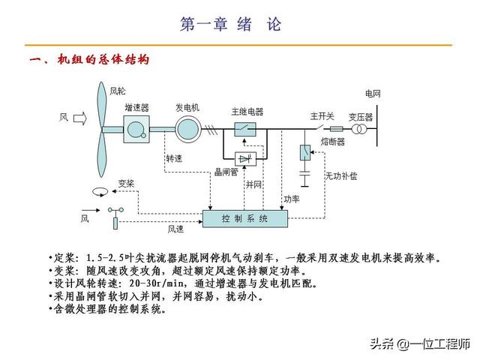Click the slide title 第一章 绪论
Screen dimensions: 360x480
coord(231,24)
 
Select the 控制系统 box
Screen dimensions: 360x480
coord(244,218)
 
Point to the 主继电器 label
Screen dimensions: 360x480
coord(247,112)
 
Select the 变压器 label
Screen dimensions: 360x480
coord(360,116)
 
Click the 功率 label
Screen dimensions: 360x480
coord(291,199)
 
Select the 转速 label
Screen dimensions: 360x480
coord(175,159)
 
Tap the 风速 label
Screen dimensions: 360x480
coord(175,229)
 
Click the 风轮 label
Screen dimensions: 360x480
coord(118,91)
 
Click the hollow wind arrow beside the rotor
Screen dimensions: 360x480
coord(81,118)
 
